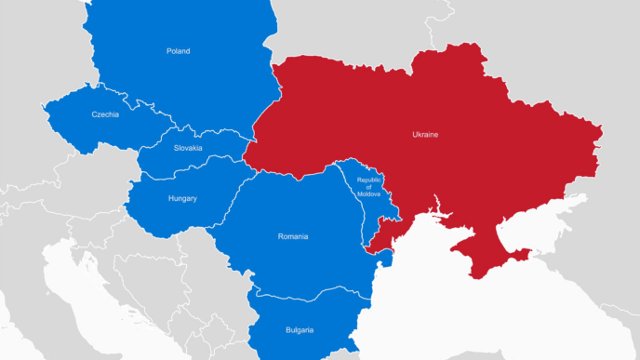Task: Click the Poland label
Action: (x=178, y=51)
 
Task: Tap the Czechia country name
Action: (x=105, y=114)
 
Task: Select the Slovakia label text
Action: (x=188, y=147)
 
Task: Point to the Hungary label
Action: (x=182, y=198)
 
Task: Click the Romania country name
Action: (x=292, y=236)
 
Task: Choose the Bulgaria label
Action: (x=300, y=330)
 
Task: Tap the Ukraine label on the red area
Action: (x=425, y=135)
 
